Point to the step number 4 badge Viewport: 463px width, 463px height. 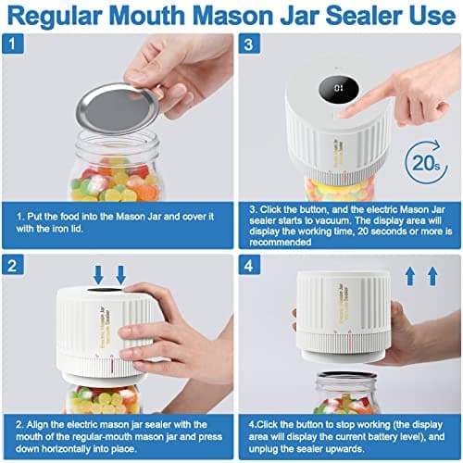click(x=247, y=265)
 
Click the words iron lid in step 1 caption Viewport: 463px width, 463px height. click(x=72, y=231)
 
